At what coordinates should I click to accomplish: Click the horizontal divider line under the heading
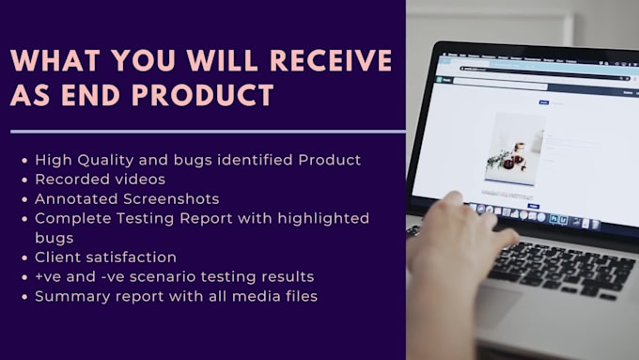(207, 132)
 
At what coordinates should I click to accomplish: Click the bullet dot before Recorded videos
(23, 180)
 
